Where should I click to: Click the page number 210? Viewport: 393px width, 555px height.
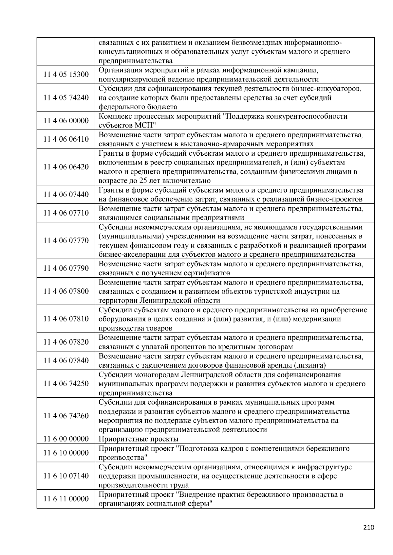(368, 527)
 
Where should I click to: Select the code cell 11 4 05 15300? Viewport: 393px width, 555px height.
(66, 75)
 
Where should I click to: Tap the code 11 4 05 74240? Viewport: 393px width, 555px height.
(66, 98)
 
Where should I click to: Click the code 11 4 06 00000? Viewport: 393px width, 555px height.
(66, 121)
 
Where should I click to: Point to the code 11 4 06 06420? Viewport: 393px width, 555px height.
(66, 167)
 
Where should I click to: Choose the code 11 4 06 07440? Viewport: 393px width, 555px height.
(66, 195)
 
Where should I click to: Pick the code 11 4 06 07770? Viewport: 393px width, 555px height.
(66, 241)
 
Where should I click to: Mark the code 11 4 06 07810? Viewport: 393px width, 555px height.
(66, 319)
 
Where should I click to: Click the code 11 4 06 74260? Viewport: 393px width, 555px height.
(66, 416)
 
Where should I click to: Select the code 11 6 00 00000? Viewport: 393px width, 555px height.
(66, 439)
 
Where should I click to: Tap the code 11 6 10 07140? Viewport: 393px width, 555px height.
(66, 476)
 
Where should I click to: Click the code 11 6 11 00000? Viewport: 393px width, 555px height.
(66, 499)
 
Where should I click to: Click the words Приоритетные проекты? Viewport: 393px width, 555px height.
(138, 439)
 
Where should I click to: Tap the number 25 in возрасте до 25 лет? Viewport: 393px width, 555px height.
(144, 181)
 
